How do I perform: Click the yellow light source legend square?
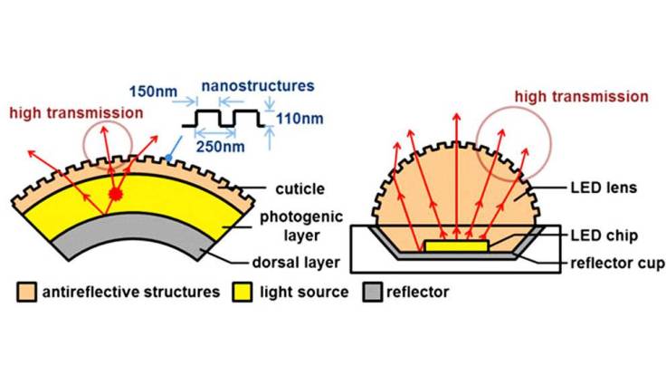[x=243, y=293]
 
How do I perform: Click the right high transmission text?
[x=580, y=96]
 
